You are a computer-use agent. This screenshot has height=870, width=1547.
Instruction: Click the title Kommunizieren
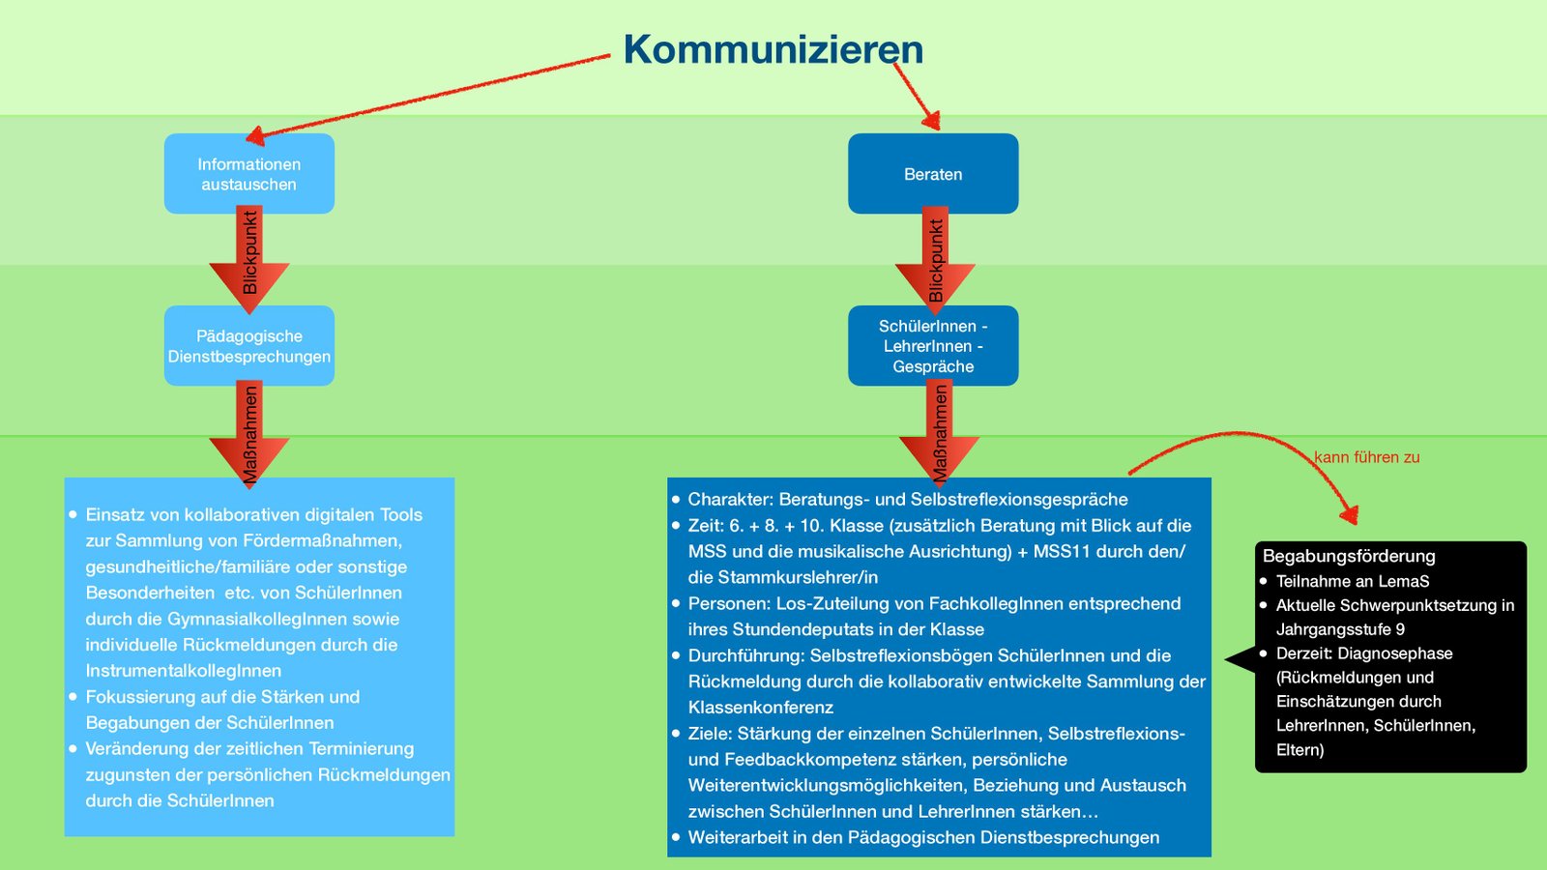(x=773, y=50)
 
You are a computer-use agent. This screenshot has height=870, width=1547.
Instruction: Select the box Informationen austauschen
(x=249, y=174)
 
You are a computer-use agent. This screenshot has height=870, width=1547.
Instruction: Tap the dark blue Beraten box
(x=933, y=174)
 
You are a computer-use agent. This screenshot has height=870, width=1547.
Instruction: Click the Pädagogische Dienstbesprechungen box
(x=249, y=346)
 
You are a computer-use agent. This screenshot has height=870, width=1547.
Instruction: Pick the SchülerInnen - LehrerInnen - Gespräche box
(x=933, y=346)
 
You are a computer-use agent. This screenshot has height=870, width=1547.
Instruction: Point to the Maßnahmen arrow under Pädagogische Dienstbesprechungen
(x=249, y=432)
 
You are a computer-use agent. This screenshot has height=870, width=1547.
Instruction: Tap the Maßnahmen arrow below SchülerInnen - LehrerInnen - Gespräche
(x=939, y=432)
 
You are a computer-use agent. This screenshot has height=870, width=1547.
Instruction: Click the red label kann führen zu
(x=1366, y=457)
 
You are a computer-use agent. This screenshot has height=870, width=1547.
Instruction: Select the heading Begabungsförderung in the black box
(x=1349, y=556)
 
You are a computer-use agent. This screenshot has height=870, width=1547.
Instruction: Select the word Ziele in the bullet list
(x=710, y=734)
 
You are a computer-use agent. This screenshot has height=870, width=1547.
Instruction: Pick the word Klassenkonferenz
(x=761, y=708)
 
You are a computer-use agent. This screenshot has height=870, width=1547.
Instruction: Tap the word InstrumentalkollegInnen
(x=184, y=671)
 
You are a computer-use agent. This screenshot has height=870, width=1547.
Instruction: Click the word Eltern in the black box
(x=1298, y=750)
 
